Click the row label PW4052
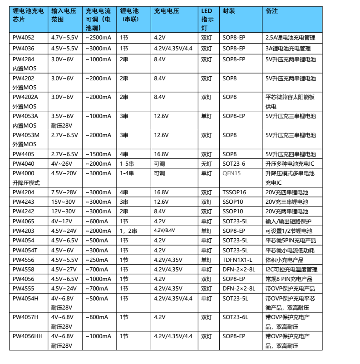click(23, 38)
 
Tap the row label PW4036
click(23, 49)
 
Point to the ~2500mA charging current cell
click(99, 38)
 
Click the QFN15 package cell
click(232, 173)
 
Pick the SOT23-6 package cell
click(234, 163)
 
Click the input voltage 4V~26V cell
click(62, 163)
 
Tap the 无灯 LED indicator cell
click(207, 163)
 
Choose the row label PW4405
click(23, 154)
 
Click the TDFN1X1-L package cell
click(237, 260)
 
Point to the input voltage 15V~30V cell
click(64, 202)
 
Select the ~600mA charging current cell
click(97, 221)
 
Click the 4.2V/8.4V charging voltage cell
click(164, 231)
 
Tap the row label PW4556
click(23, 260)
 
